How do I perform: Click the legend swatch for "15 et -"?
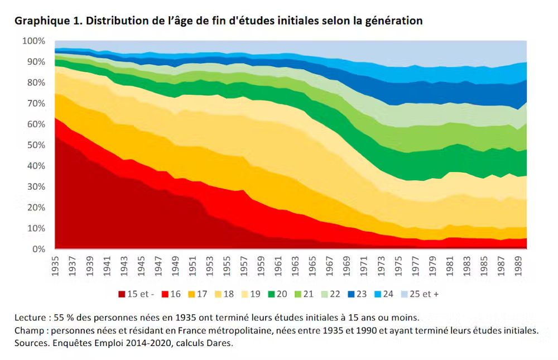click(122, 294)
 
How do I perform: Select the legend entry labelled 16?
click(171, 294)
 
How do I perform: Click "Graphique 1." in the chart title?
click(46, 21)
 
